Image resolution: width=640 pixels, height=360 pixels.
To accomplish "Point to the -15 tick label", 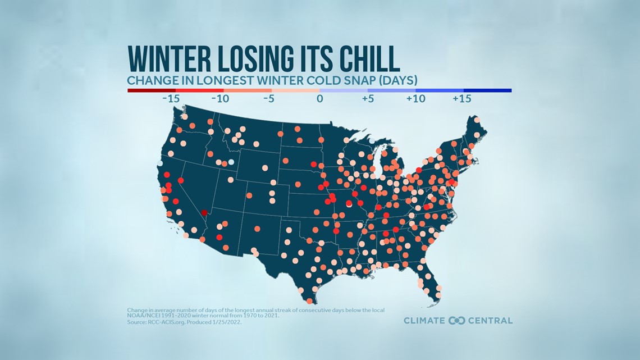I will point(171,99).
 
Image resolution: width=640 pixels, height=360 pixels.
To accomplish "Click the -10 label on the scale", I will point(221,99).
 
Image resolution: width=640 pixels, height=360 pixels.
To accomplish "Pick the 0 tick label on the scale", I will point(319,99).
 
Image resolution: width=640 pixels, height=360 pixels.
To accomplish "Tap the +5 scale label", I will point(368,99).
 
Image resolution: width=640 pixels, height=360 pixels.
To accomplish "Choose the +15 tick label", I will point(461,99).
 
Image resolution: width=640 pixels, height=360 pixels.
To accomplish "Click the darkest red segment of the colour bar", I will point(152,90).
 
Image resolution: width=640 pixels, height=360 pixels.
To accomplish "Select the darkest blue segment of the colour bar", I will point(487,90).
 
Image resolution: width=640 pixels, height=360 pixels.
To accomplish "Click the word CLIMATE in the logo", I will point(425,321).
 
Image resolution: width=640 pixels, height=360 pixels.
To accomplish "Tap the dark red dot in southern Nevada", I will point(204,213).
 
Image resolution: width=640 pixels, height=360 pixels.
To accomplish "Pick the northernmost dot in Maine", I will point(477,120).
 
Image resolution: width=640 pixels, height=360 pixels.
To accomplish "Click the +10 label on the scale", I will point(415,99).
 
